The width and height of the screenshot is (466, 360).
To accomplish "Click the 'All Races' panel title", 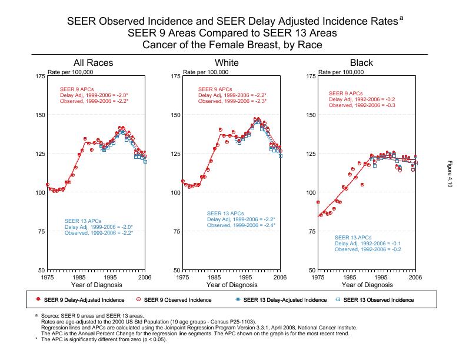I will pos(93,63).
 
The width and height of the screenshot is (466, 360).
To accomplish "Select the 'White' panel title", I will pos(227,63).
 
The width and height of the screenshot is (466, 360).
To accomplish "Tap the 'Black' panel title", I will pos(361,63).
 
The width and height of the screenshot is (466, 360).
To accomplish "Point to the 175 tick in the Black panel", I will pos(310,76).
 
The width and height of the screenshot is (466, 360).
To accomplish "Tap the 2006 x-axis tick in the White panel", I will pos(280,277).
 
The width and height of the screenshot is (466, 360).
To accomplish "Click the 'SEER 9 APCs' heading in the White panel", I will pos(214,89).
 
